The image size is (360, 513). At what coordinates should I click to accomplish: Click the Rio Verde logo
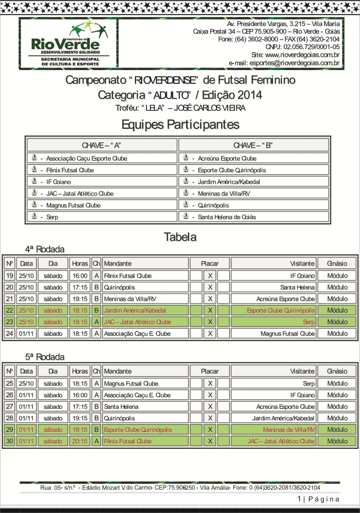pos(68,44)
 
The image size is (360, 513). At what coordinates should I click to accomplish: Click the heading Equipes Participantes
pos(180,124)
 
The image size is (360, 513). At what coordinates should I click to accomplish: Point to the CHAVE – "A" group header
pos(102,145)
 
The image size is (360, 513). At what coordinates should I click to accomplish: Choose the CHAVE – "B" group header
pos(253,145)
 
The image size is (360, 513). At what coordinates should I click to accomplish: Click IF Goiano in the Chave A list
pos(59,182)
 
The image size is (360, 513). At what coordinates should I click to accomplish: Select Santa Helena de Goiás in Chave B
pos(227,217)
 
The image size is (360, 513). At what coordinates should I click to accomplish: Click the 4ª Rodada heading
pos(45,249)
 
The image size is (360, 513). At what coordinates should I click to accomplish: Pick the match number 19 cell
pos(10,276)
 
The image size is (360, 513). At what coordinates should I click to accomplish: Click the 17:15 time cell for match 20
pos(80,287)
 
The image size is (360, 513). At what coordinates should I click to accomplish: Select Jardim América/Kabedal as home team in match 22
pos(134,310)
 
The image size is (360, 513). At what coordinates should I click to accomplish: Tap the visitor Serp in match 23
pos(309,322)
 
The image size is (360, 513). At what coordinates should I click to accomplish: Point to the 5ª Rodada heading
pos(45,357)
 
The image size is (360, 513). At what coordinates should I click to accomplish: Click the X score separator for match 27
pos(211,407)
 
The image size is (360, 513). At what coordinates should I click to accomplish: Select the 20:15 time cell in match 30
pos(80,441)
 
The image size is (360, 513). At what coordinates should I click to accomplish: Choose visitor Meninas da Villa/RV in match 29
pos(289,430)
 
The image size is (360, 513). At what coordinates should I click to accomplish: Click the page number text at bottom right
pos(318,499)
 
